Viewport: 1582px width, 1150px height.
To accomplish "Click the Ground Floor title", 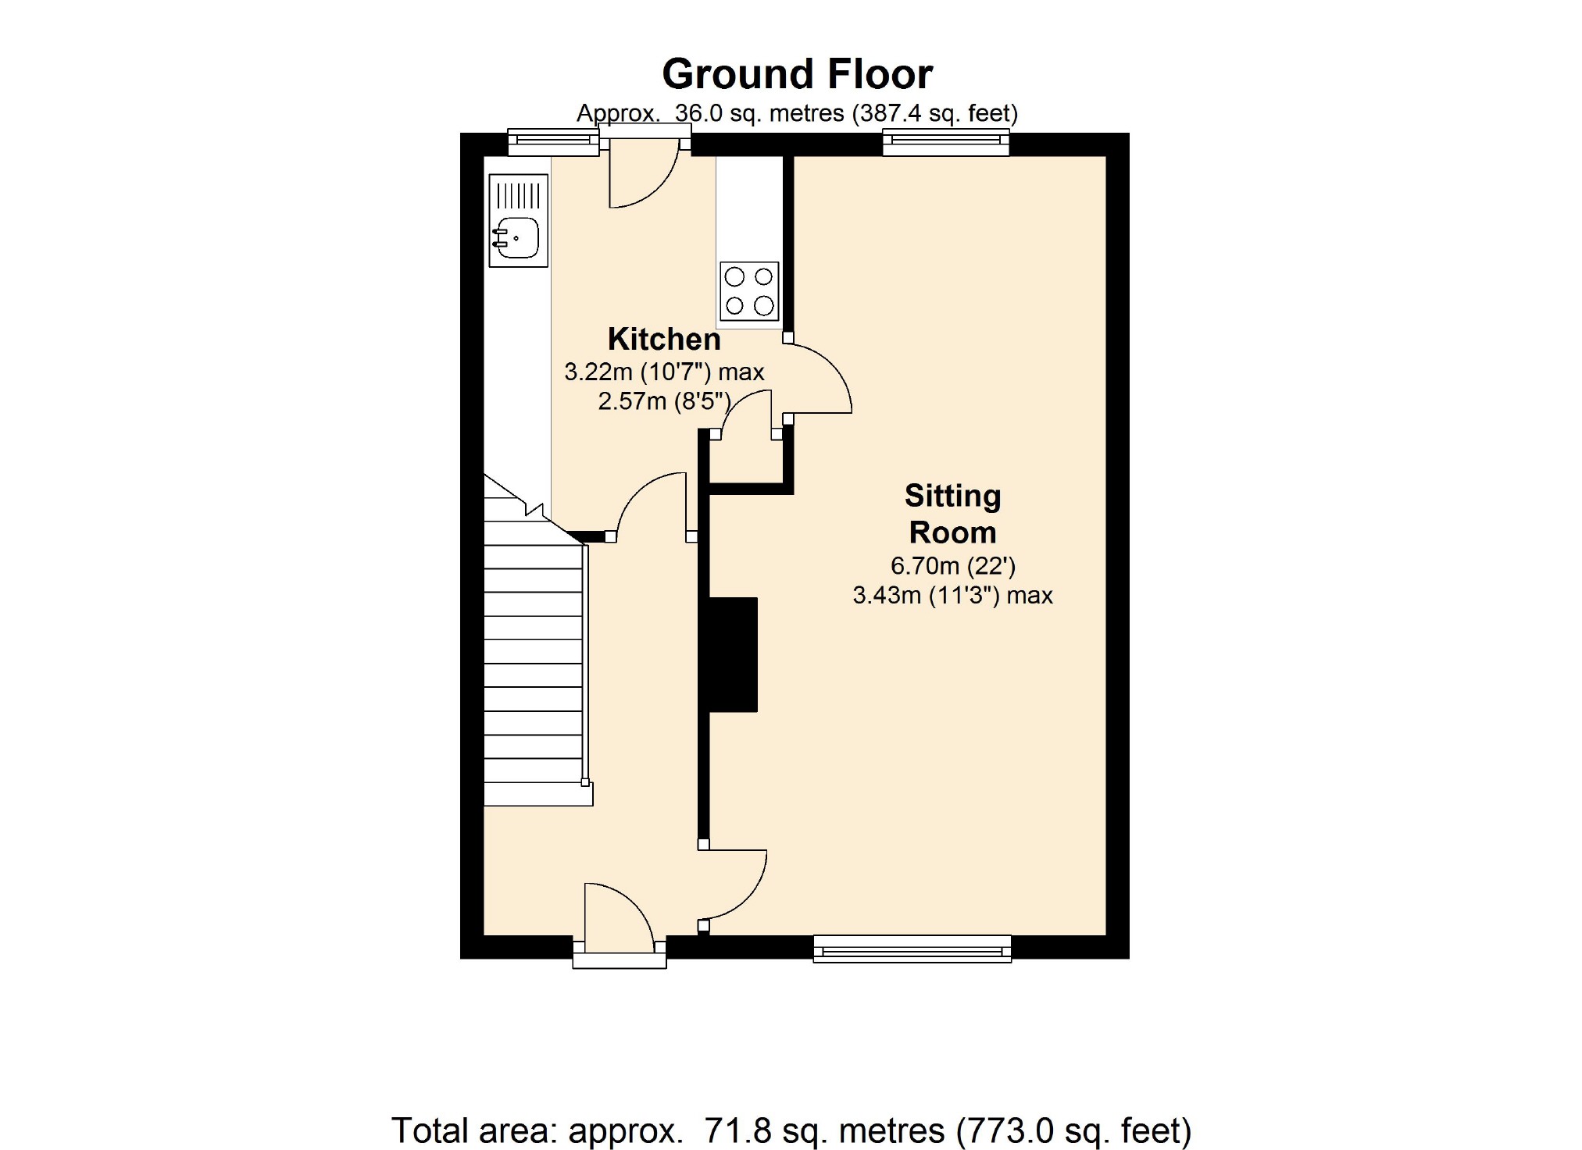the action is pos(797,75).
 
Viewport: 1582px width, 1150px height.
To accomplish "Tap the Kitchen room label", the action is pos(664,340).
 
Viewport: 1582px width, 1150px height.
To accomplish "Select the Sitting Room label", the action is pos(953,514).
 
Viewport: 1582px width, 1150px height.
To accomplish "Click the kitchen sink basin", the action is pos(516,237).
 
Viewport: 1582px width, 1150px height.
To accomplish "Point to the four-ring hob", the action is pos(749,291).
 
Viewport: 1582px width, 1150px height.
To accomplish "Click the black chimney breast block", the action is pos(733,654).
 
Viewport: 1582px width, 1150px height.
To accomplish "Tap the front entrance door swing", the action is pos(618,917).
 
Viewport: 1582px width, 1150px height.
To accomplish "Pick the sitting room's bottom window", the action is pos(912,949).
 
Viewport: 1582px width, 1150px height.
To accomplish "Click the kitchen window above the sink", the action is pos(553,142).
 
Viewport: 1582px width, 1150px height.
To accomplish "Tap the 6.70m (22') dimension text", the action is pos(953,566).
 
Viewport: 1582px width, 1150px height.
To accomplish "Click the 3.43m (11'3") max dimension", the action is pos(953,596).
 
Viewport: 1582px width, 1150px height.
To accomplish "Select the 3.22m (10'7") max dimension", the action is pos(664,372).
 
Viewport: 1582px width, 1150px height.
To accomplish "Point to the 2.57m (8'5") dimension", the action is pos(664,401).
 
